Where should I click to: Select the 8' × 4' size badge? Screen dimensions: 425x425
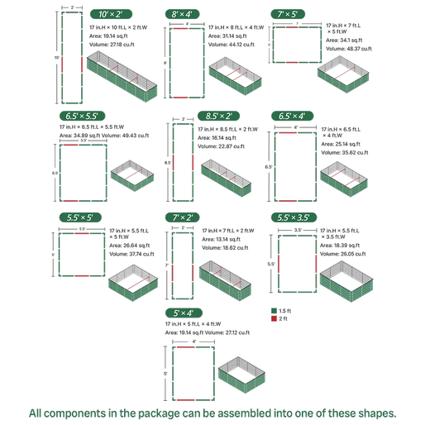pos(182,14)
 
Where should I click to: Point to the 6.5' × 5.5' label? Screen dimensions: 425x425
pos(79,116)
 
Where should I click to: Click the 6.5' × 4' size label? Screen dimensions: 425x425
pos(295,116)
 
